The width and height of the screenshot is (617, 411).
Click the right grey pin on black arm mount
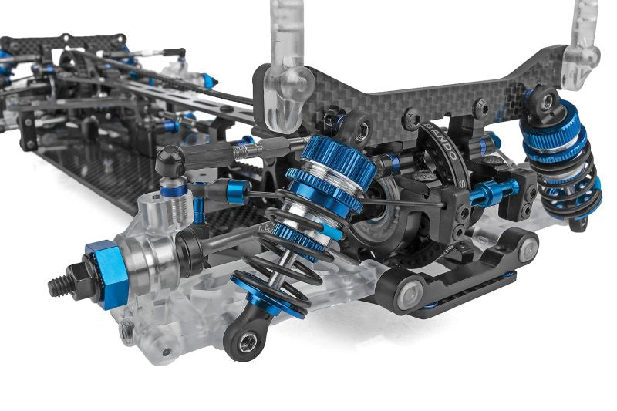528,248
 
